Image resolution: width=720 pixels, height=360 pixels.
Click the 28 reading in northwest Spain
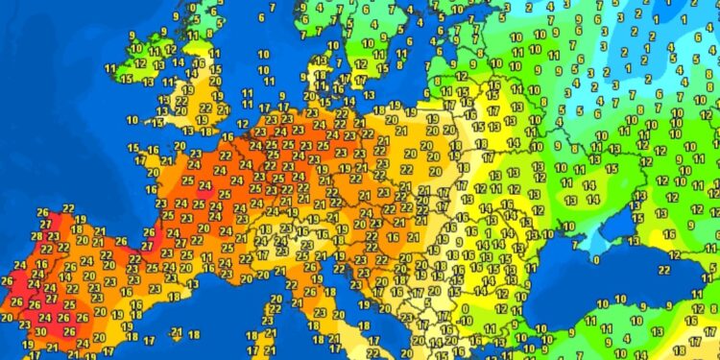[37, 236]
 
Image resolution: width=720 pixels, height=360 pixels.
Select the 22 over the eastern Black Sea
[690, 254]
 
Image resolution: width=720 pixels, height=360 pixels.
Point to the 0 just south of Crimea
[597, 259]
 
